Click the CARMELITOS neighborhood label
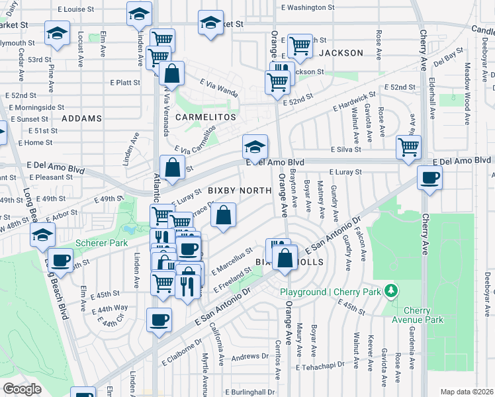coord(206,116)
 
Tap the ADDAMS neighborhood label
coord(82,118)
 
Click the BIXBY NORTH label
coord(240,191)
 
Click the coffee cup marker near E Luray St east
coord(429,178)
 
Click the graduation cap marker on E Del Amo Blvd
coord(255,146)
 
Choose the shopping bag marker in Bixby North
coord(224,216)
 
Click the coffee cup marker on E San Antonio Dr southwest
coord(159,320)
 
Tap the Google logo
coord(22,389)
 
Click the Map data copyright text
coord(467,392)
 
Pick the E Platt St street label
coord(125,83)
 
